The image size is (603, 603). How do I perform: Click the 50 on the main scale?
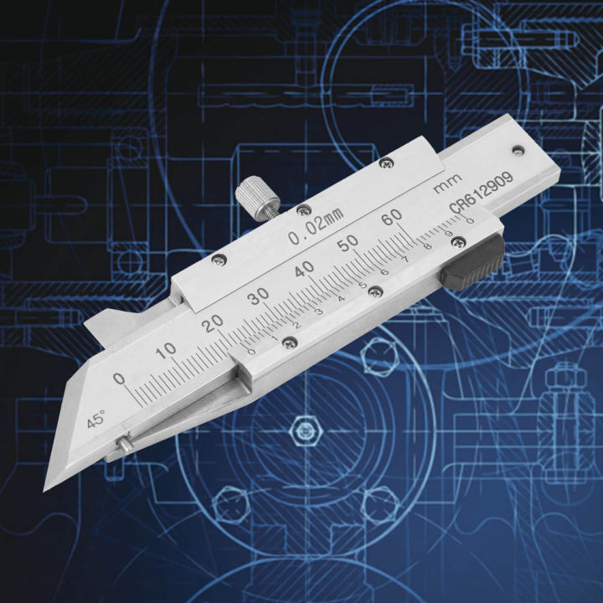tap(348, 241)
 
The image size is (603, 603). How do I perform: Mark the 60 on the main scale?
tap(391, 218)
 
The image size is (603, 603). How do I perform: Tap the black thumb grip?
tap(473, 263)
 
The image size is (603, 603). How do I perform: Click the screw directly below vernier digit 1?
tap(288, 339)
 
